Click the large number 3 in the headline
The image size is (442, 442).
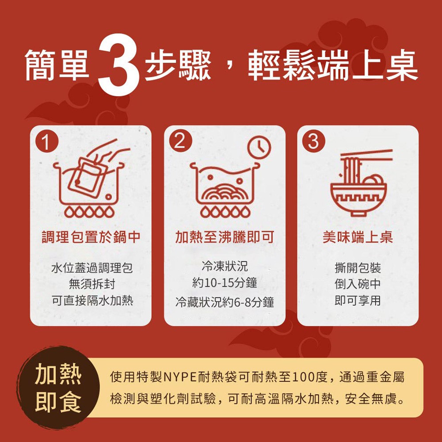118,65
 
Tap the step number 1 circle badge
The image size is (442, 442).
46,141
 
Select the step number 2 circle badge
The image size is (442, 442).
180,141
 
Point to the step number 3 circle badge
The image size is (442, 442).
313,141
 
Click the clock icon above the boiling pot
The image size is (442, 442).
259,148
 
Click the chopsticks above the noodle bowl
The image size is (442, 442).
366,156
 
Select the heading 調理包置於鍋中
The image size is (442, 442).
91,237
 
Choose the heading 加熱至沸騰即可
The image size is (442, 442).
225,237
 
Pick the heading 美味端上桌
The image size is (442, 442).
358,237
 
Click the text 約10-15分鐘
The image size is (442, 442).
225,283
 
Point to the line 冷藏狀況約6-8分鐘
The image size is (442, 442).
225,302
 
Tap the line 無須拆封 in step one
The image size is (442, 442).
92,284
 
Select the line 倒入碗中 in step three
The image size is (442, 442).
358,284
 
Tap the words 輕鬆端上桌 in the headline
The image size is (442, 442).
333,65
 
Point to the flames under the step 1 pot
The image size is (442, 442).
89,212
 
